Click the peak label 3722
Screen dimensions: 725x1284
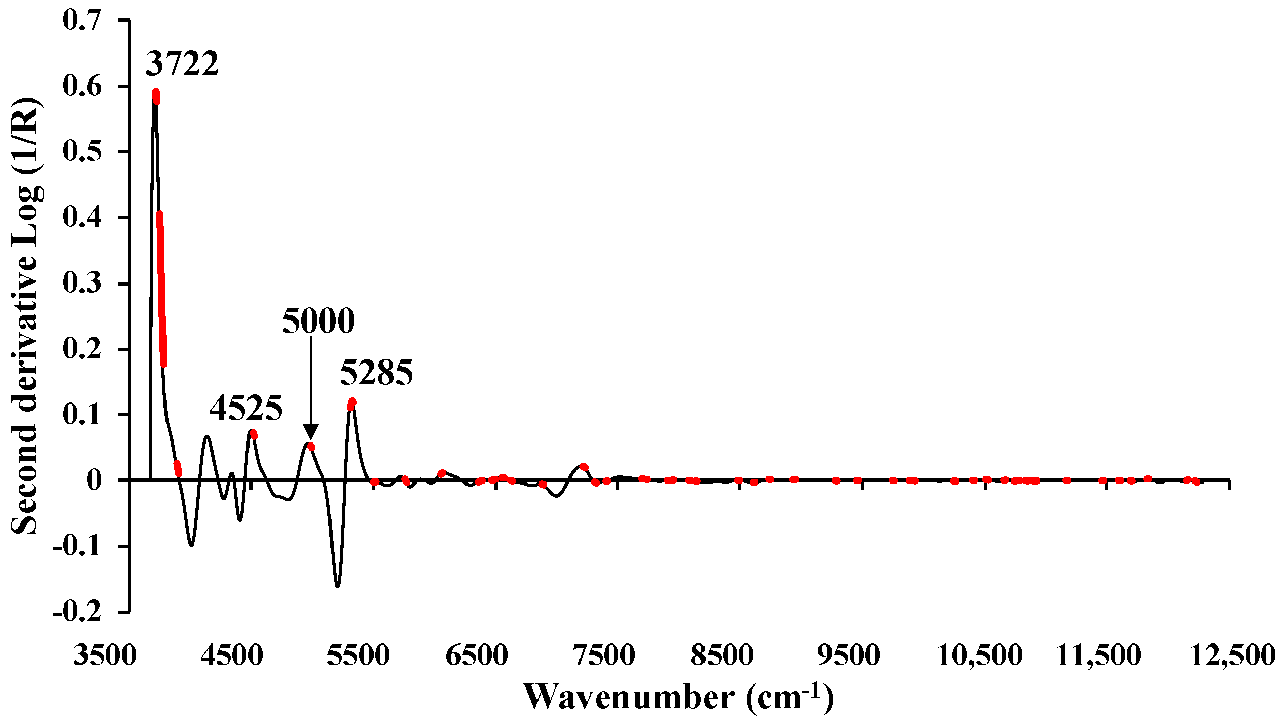click(x=182, y=64)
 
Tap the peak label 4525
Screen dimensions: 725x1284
click(x=246, y=408)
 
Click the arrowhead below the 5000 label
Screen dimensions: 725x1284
click(x=310, y=432)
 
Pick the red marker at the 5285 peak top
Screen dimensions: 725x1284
click(x=352, y=404)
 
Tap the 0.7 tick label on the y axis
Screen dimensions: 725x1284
click(x=82, y=20)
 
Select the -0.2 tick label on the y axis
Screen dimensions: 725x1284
click(x=77, y=612)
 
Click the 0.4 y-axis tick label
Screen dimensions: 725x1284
click(x=82, y=217)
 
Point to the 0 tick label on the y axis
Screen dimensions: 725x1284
click(x=94, y=480)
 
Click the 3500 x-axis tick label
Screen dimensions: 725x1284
click(x=105, y=655)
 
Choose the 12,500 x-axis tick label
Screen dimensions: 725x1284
click(x=1231, y=655)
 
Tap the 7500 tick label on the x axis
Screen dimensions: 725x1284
click(x=604, y=655)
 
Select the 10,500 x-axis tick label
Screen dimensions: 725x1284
click(x=980, y=655)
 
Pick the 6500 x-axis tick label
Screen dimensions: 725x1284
click(x=477, y=655)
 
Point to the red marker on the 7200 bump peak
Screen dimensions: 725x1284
click(x=584, y=467)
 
